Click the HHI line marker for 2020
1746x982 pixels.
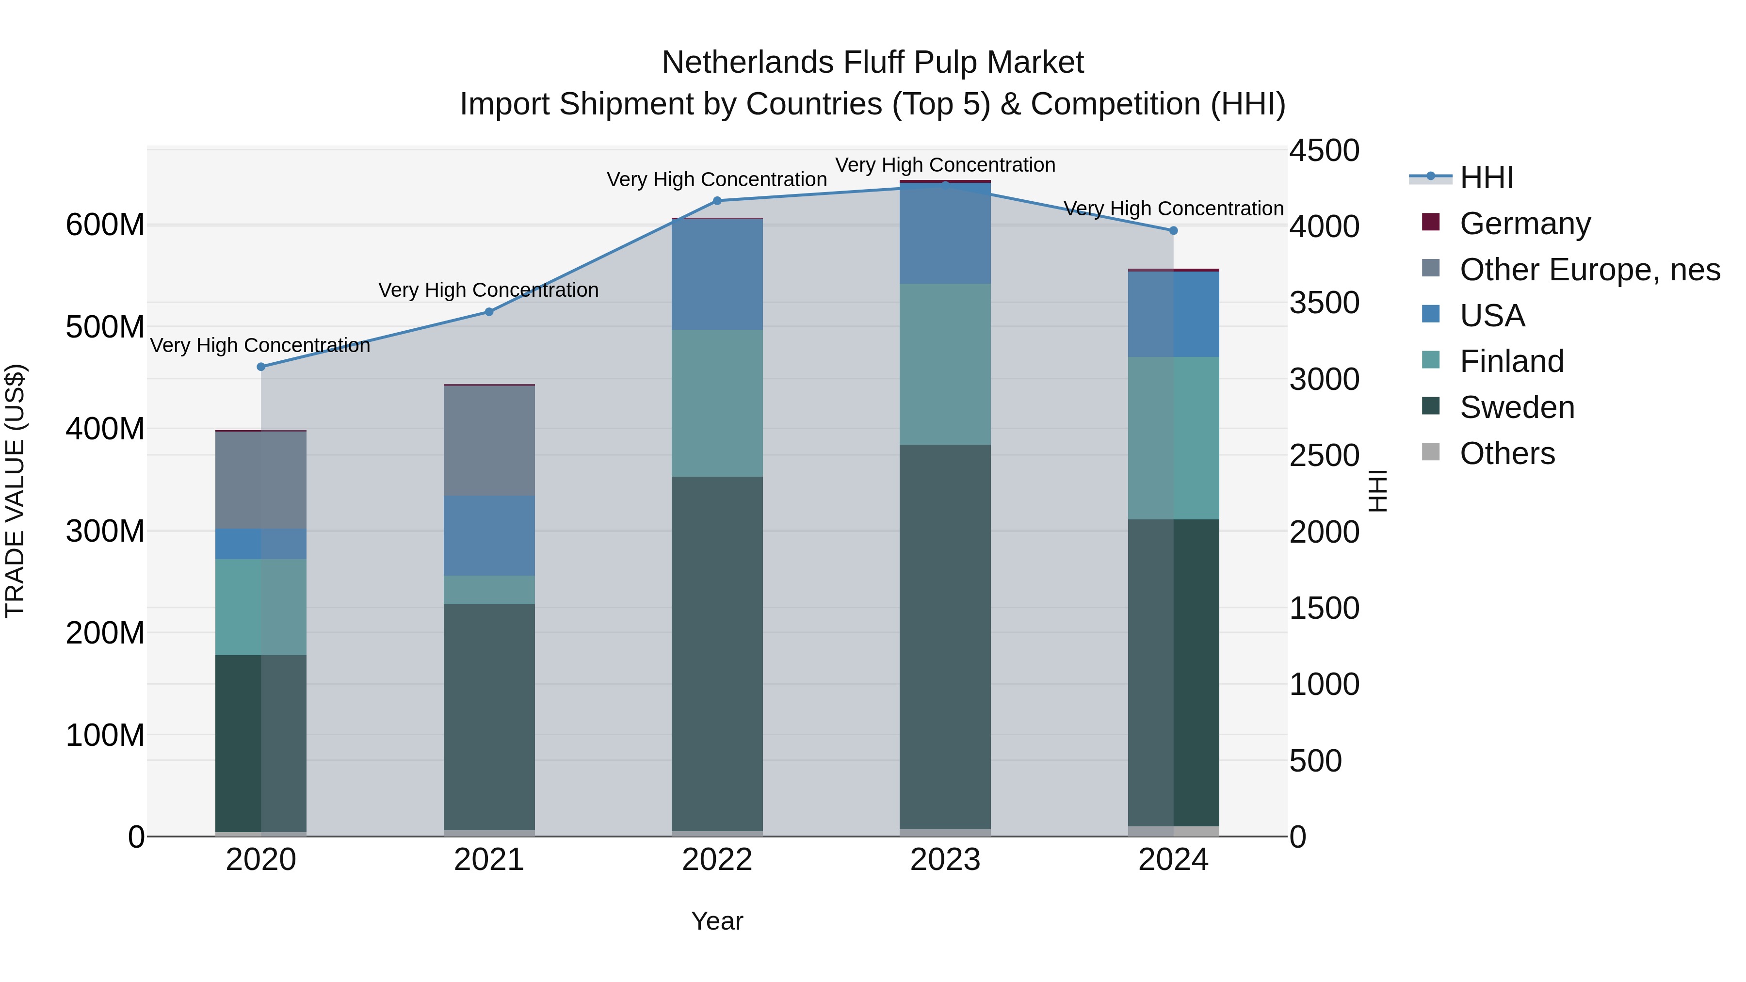pyautogui.click(x=261, y=367)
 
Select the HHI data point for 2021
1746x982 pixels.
pyautogui.click(x=489, y=312)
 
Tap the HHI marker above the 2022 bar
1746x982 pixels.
pyautogui.click(x=717, y=201)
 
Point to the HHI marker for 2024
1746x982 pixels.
pyautogui.click(x=1173, y=230)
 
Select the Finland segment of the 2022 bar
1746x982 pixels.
pyautogui.click(x=717, y=403)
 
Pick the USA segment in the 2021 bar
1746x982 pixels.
pyautogui.click(x=489, y=535)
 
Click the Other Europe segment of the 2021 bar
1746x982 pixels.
pyautogui.click(x=489, y=440)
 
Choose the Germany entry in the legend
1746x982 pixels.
pyautogui.click(x=1525, y=224)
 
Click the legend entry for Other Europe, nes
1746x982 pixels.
pyautogui.click(x=1589, y=270)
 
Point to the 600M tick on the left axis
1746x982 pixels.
pyautogui.click(x=105, y=225)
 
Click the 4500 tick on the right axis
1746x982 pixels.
pyautogui.click(x=1324, y=150)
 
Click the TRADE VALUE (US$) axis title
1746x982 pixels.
pyautogui.click(x=15, y=491)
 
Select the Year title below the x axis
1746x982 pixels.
pyautogui.click(x=717, y=921)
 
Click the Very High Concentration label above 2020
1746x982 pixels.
pyautogui.click(x=260, y=346)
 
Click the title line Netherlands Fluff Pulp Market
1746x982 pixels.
pyautogui.click(x=873, y=63)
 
